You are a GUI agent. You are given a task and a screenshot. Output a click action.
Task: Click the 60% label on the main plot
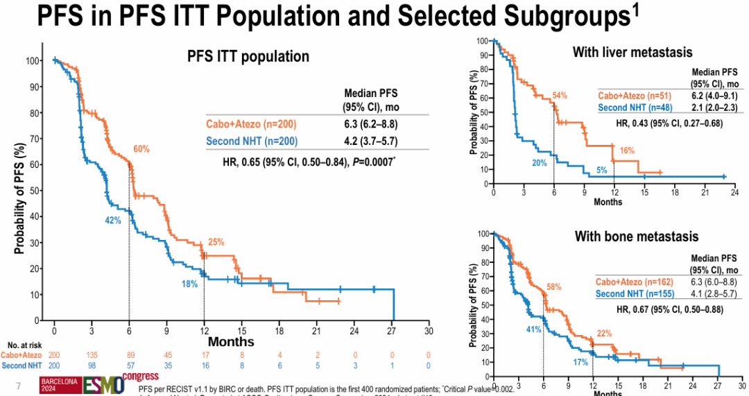141,149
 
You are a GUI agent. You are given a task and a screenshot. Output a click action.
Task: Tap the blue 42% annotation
113,220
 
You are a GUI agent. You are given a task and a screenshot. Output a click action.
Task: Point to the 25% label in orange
216,242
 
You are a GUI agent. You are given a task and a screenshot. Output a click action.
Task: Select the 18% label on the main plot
190,284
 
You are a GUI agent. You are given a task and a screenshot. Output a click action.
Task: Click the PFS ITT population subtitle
248,57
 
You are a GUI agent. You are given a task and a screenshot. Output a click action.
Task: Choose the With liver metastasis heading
632,52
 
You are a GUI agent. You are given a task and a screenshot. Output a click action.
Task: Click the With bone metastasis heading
636,236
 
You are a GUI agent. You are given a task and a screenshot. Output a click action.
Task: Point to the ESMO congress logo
111,383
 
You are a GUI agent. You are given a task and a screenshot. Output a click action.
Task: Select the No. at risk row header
21,345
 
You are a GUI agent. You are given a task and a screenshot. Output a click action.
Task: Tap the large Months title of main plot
232,341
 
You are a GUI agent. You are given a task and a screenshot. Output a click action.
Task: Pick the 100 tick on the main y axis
32,60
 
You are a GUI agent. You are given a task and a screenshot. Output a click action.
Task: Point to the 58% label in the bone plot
553,286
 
